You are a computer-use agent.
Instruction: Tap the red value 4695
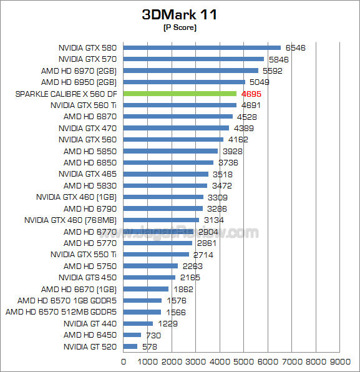tap(251, 94)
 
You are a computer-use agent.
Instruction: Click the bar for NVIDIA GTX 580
tap(202, 47)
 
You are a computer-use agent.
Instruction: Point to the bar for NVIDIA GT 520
tap(130, 346)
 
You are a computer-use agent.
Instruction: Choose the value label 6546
tap(295, 47)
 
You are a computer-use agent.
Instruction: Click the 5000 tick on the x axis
tap(244, 361)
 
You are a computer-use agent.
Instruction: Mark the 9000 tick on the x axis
tap(340, 361)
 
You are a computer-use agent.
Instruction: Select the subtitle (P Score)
tap(180, 28)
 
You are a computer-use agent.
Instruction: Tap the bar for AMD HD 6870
tap(178, 117)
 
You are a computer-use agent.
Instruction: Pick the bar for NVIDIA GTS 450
tap(149, 277)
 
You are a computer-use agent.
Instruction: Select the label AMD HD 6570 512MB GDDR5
tap(62, 312)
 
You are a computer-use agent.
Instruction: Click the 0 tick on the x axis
tap(124, 361)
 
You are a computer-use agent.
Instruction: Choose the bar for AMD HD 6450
tap(132, 335)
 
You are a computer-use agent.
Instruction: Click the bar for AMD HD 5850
tap(170, 151)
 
